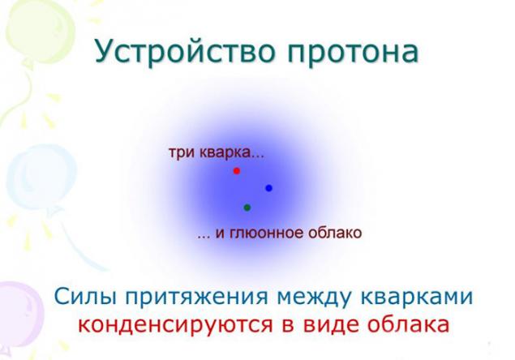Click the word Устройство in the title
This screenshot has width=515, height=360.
click(x=185, y=52)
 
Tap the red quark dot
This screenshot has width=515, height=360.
click(x=237, y=171)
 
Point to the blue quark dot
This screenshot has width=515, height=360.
click(x=268, y=188)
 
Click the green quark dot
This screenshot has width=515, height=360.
click(x=247, y=208)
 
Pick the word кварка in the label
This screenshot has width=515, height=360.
click(x=225, y=152)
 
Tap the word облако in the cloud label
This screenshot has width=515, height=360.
click(x=335, y=233)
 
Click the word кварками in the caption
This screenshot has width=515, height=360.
click(x=417, y=297)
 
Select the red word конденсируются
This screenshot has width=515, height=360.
click(x=176, y=325)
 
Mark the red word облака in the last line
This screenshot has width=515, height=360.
click(x=408, y=324)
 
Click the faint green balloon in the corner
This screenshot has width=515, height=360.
click(x=39, y=31)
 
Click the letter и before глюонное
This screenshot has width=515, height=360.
click(x=220, y=234)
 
